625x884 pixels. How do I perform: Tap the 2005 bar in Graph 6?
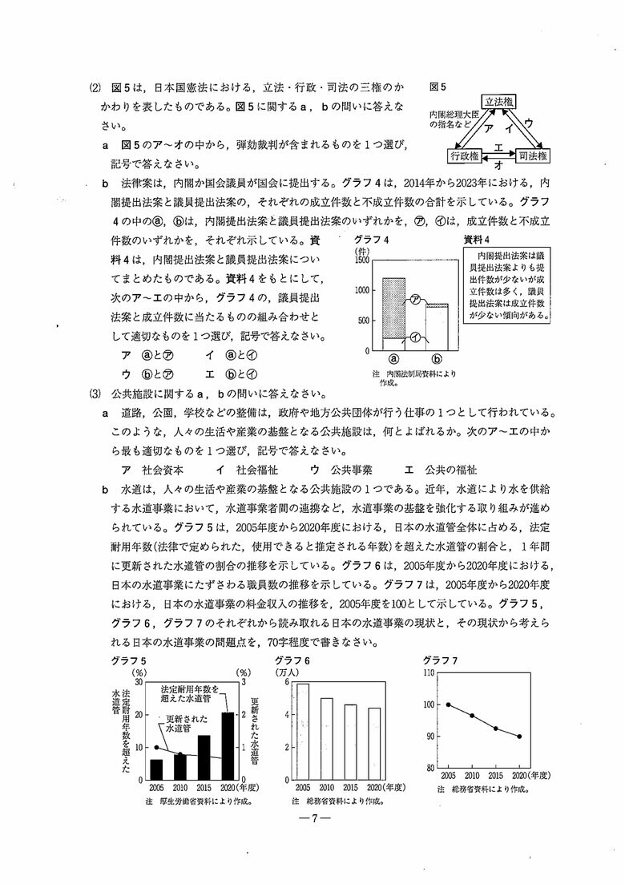[302, 731]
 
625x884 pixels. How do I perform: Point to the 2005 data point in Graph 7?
[449, 704]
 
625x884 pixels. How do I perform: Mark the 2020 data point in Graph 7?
[518, 737]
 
